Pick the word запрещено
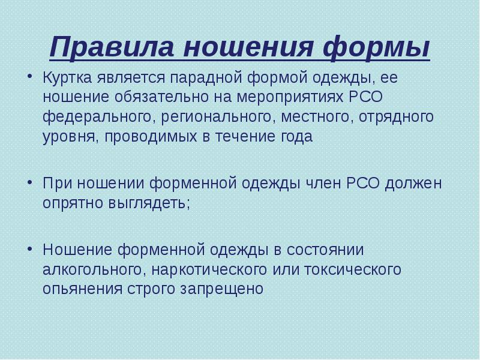coord(221,289)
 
